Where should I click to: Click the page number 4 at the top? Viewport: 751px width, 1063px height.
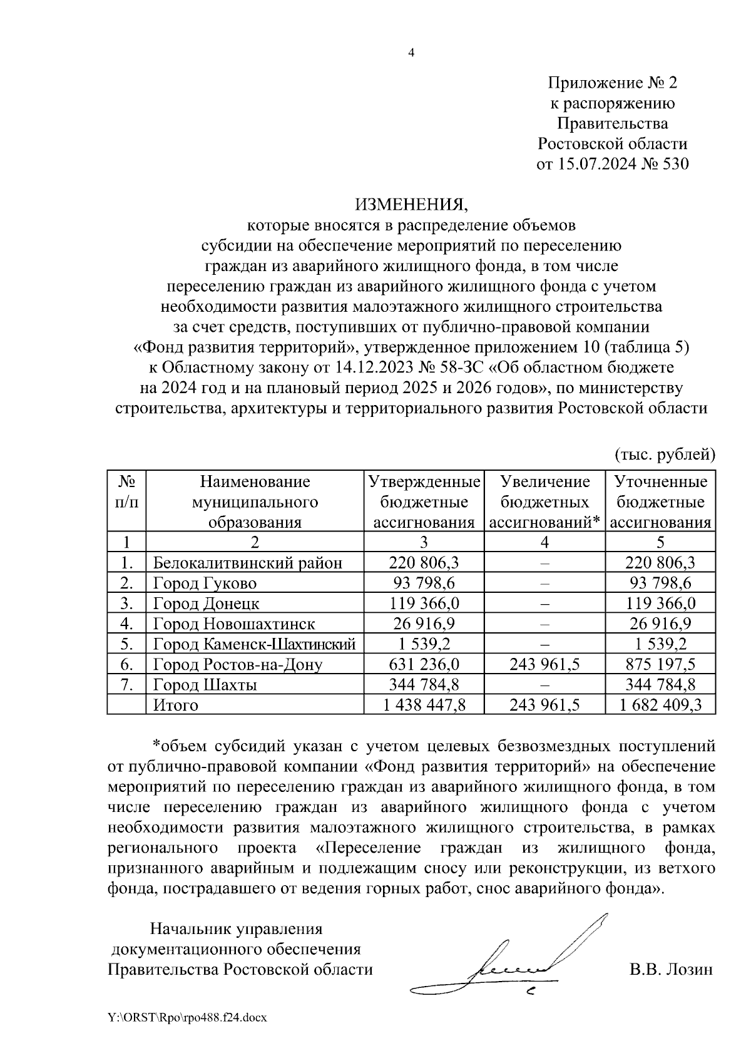click(411, 53)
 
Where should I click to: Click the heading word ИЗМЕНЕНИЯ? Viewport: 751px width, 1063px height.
click(411, 204)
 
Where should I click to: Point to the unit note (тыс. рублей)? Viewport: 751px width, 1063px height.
click(664, 453)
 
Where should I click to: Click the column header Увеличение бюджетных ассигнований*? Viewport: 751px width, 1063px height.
click(544, 502)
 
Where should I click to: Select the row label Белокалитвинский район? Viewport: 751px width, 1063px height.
click(248, 562)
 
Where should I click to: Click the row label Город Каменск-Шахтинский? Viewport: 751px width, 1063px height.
click(255, 644)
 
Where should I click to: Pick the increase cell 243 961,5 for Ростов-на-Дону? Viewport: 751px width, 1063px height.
click(544, 664)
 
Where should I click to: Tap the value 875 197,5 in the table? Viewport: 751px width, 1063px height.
click(660, 664)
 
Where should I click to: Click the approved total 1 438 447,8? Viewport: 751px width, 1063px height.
click(424, 705)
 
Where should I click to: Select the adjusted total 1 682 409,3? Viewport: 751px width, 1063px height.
click(660, 705)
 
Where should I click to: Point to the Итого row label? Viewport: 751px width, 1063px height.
click(176, 705)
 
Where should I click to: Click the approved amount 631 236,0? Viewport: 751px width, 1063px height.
click(424, 664)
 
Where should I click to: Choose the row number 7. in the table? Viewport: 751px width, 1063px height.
click(126, 684)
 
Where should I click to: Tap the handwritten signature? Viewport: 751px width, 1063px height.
click(513, 964)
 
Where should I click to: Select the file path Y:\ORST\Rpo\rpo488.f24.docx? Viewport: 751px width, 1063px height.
click(187, 1018)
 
